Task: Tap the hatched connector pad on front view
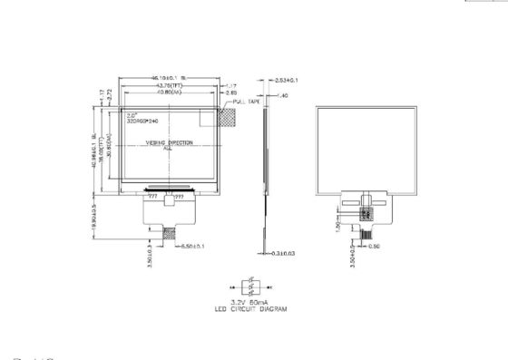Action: [x=169, y=233]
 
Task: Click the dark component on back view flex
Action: [x=367, y=214]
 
